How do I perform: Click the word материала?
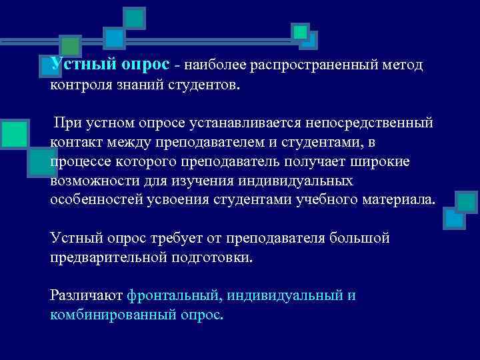click(x=398, y=201)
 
